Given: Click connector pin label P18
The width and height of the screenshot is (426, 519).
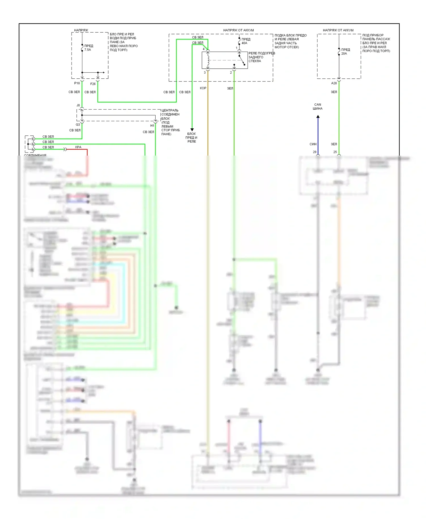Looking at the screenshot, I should (x=77, y=83).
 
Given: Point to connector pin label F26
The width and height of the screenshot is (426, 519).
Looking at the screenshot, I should (x=93, y=84).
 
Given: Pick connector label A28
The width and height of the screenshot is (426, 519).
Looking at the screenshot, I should (x=334, y=83).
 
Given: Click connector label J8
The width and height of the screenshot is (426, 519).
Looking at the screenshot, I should (x=78, y=105).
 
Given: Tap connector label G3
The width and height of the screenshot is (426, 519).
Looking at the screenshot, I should (x=78, y=124).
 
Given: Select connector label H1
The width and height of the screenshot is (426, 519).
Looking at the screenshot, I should (x=152, y=125).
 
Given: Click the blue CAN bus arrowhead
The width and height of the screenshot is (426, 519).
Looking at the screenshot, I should (x=318, y=117).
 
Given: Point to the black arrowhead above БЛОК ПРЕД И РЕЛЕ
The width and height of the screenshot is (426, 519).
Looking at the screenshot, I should (x=192, y=130).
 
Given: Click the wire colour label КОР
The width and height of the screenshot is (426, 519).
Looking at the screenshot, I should (x=203, y=88).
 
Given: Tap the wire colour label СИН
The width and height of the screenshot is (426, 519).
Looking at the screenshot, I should (x=313, y=144).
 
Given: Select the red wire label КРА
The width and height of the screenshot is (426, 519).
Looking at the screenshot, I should (x=78, y=147).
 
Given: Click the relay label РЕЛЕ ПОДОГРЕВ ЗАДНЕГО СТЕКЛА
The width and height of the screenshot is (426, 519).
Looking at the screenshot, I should (x=261, y=57).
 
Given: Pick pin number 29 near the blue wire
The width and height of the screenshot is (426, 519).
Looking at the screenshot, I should (x=314, y=152).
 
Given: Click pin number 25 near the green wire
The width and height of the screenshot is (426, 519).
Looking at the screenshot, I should (x=335, y=152).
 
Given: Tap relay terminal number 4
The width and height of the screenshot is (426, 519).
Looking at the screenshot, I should (x=204, y=49).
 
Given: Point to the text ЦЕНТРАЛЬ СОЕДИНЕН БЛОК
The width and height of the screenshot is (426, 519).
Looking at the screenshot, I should (x=170, y=114).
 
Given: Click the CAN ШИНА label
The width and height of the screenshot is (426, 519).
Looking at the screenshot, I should (x=318, y=106).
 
